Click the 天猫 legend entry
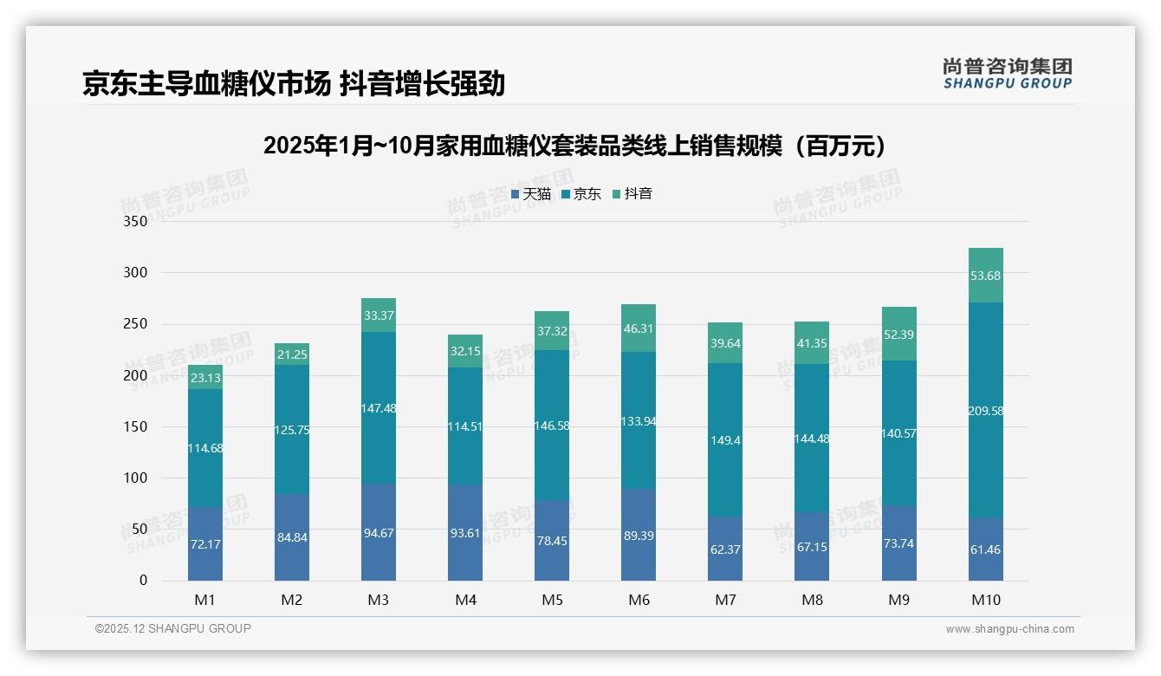(531, 194)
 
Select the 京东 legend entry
(581, 194)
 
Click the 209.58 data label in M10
(985, 411)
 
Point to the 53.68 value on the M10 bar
(985, 276)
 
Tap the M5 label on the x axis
(552, 600)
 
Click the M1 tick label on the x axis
(205, 600)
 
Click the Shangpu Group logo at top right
(1007, 74)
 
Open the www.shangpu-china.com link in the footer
(1009, 629)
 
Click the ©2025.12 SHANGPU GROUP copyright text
(173, 629)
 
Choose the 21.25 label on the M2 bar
(292, 354)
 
